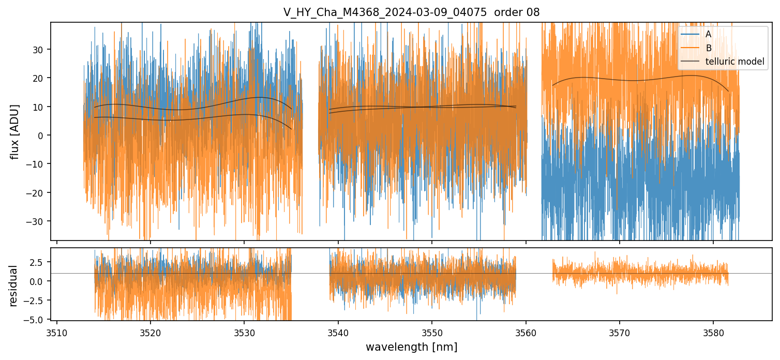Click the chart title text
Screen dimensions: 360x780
click(x=411, y=12)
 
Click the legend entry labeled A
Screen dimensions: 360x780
click(x=708, y=34)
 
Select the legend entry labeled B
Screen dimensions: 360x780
click(x=708, y=48)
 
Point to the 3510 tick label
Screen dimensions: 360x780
click(x=57, y=332)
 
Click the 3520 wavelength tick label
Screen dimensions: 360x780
click(x=151, y=332)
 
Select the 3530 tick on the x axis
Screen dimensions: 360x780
click(x=244, y=332)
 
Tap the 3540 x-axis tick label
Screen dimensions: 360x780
click(x=338, y=332)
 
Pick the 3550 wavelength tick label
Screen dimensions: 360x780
click(x=432, y=332)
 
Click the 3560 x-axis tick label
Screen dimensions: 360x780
click(x=526, y=332)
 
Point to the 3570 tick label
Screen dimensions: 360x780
click(x=620, y=332)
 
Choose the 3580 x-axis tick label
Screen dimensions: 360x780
click(x=713, y=332)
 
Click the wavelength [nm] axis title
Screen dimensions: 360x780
click(x=411, y=347)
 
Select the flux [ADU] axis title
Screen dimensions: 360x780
click(x=16, y=131)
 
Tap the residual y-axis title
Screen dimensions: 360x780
click(x=13, y=286)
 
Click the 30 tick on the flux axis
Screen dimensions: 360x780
click(x=39, y=50)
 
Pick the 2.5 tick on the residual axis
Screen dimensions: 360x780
click(x=38, y=262)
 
